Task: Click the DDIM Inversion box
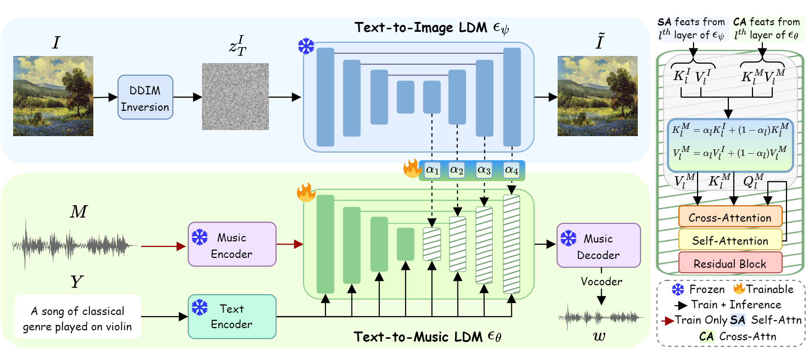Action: (145, 97)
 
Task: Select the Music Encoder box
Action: (232, 244)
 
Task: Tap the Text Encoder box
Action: (232, 316)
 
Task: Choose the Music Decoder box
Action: (599, 245)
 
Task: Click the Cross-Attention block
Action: (730, 217)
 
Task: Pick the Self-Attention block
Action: (730, 240)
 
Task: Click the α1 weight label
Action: (432, 170)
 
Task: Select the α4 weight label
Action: (512, 170)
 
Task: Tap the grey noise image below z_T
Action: (235, 97)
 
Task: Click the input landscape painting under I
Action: (53, 96)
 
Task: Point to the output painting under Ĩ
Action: (598, 96)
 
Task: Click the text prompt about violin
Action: (78, 318)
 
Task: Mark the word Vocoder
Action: (602, 281)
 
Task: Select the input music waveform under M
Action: (73, 244)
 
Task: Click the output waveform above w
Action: (601, 317)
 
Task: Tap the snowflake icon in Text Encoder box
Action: (200, 307)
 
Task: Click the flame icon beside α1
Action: (412, 169)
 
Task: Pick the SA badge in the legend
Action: (738, 320)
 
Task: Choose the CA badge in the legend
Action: (707, 336)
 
